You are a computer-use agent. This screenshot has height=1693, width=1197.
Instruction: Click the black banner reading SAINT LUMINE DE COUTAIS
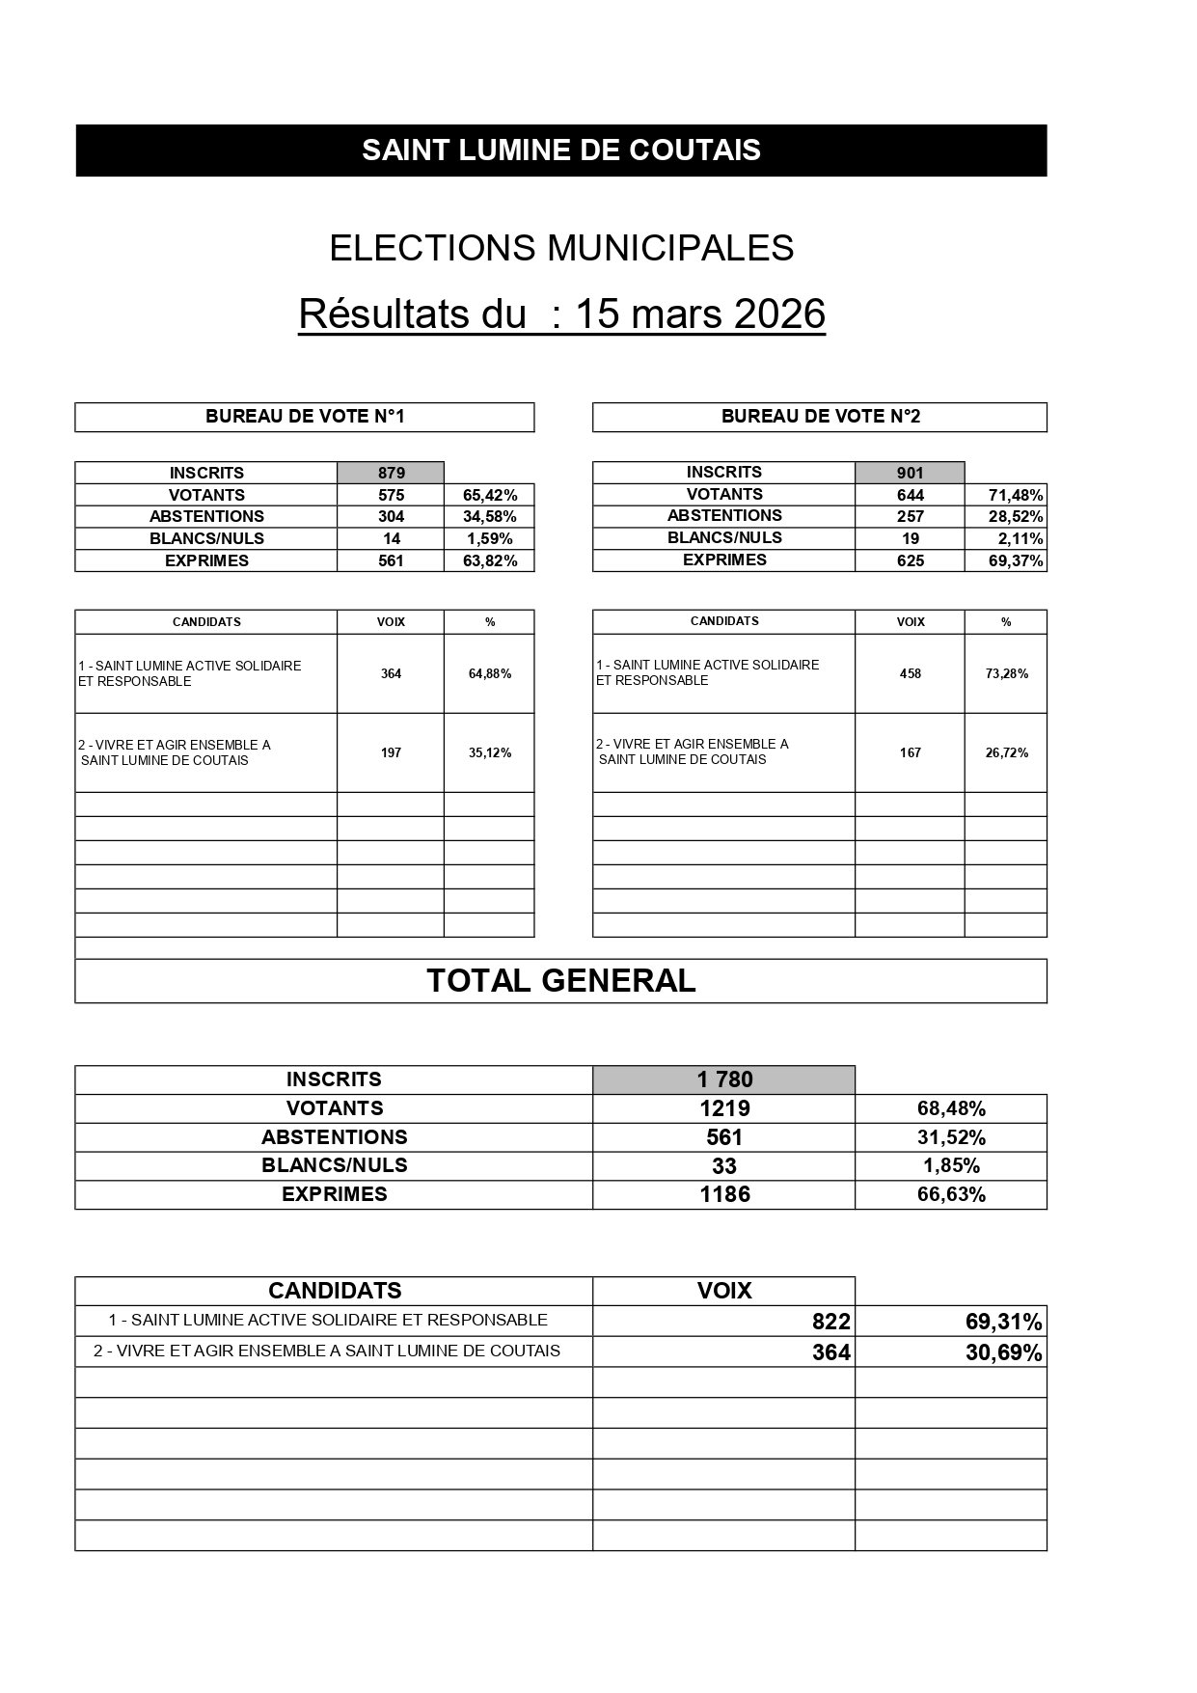point(560,150)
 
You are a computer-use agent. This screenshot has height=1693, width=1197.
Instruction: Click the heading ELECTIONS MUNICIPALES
point(561,248)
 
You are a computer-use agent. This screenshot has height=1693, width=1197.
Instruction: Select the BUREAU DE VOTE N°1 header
point(305,417)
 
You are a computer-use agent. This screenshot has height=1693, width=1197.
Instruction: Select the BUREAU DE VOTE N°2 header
point(820,417)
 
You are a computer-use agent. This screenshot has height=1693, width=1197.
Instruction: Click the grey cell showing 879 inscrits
point(391,473)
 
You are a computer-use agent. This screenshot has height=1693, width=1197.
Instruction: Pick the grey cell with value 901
point(910,473)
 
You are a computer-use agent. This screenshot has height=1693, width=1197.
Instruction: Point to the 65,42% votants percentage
point(490,495)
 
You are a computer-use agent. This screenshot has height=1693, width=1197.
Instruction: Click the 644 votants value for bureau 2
point(910,495)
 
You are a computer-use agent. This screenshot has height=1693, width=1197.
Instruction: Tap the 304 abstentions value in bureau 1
point(391,517)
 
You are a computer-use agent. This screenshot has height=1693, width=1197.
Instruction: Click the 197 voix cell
point(391,752)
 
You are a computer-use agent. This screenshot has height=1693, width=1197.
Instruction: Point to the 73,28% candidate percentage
point(1006,673)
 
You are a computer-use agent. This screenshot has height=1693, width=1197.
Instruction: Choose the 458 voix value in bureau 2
point(910,673)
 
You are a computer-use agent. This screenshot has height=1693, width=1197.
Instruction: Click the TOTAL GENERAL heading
point(560,981)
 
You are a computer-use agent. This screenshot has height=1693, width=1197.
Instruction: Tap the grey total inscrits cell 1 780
point(724,1079)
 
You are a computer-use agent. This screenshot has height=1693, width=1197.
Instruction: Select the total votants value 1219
point(724,1108)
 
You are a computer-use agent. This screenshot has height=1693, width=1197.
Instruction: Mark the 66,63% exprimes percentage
point(951,1194)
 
